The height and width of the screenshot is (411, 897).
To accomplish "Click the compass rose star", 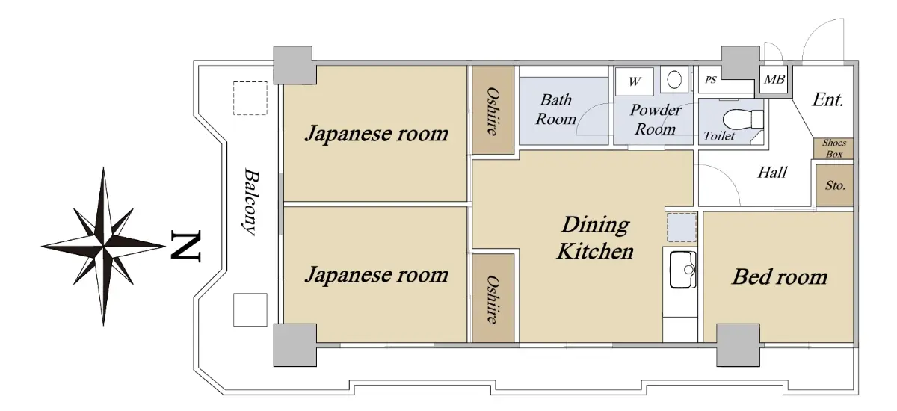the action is click(x=103, y=246).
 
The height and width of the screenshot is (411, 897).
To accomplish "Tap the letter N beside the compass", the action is click(x=185, y=246).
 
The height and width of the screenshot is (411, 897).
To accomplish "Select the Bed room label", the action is click(x=780, y=277).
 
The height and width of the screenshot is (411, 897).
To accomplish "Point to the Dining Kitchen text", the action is click(x=596, y=238).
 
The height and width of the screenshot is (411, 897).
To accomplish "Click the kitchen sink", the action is click(x=682, y=269).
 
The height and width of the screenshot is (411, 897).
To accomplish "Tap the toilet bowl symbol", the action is click(x=743, y=119).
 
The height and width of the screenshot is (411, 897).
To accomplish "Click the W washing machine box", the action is click(x=635, y=81).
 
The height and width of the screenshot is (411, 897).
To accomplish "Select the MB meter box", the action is click(x=774, y=80).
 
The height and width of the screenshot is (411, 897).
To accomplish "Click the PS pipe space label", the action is click(x=711, y=80).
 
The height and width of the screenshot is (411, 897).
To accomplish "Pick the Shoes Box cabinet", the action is click(x=834, y=149).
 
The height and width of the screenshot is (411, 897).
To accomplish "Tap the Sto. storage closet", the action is click(x=835, y=185).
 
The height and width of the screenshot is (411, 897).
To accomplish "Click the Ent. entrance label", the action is click(x=827, y=100).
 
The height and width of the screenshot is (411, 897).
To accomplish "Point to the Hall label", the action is click(x=772, y=173).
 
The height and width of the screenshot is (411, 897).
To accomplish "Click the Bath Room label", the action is click(x=556, y=109).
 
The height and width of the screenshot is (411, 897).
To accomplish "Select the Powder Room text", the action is click(x=656, y=120).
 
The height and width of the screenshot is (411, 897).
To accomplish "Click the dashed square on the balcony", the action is click(x=250, y=99).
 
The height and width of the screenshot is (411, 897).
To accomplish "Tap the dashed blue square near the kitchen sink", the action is click(x=682, y=227).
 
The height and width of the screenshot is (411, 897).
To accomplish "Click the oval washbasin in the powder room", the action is click(x=674, y=80).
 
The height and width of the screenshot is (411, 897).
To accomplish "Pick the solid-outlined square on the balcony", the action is click(x=250, y=310).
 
